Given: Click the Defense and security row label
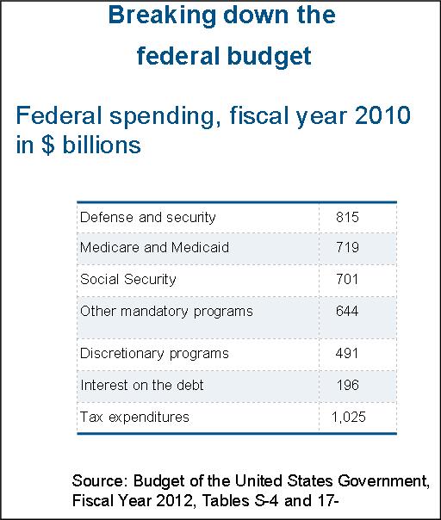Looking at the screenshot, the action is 147,218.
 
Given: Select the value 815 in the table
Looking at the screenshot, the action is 347,217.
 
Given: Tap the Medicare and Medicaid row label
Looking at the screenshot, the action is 155,247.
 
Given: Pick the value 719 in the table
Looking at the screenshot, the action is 347,247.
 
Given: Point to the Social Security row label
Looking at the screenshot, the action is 128,279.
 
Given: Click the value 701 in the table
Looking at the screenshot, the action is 347,279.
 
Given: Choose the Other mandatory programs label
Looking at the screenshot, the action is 166,312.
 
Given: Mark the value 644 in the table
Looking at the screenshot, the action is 347,311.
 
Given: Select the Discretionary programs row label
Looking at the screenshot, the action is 154,354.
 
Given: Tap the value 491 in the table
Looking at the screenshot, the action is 347,354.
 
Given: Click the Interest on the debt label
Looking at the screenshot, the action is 142,386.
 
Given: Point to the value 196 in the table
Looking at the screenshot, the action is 348,386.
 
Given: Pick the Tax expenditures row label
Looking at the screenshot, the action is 134,418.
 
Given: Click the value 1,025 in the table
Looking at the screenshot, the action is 349,418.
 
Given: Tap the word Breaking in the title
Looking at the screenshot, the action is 162,15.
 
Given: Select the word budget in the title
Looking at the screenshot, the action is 269,56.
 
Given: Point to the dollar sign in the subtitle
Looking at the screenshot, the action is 48,145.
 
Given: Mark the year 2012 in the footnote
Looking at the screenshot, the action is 174,500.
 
